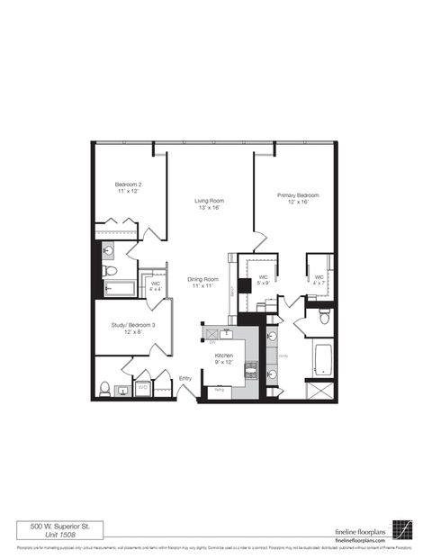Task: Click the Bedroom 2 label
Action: click(129, 188)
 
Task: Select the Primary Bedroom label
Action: click(297, 198)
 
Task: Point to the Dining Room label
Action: click(203, 282)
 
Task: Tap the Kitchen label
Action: click(224, 359)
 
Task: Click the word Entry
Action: click(185, 378)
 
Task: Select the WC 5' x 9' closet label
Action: click(264, 281)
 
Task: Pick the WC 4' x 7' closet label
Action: click(319, 281)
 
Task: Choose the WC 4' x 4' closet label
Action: click(156, 287)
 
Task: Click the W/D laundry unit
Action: click(142, 388)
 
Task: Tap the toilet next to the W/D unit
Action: click(105, 388)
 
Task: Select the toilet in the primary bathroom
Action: click(325, 317)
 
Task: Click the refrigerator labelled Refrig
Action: click(219, 390)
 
